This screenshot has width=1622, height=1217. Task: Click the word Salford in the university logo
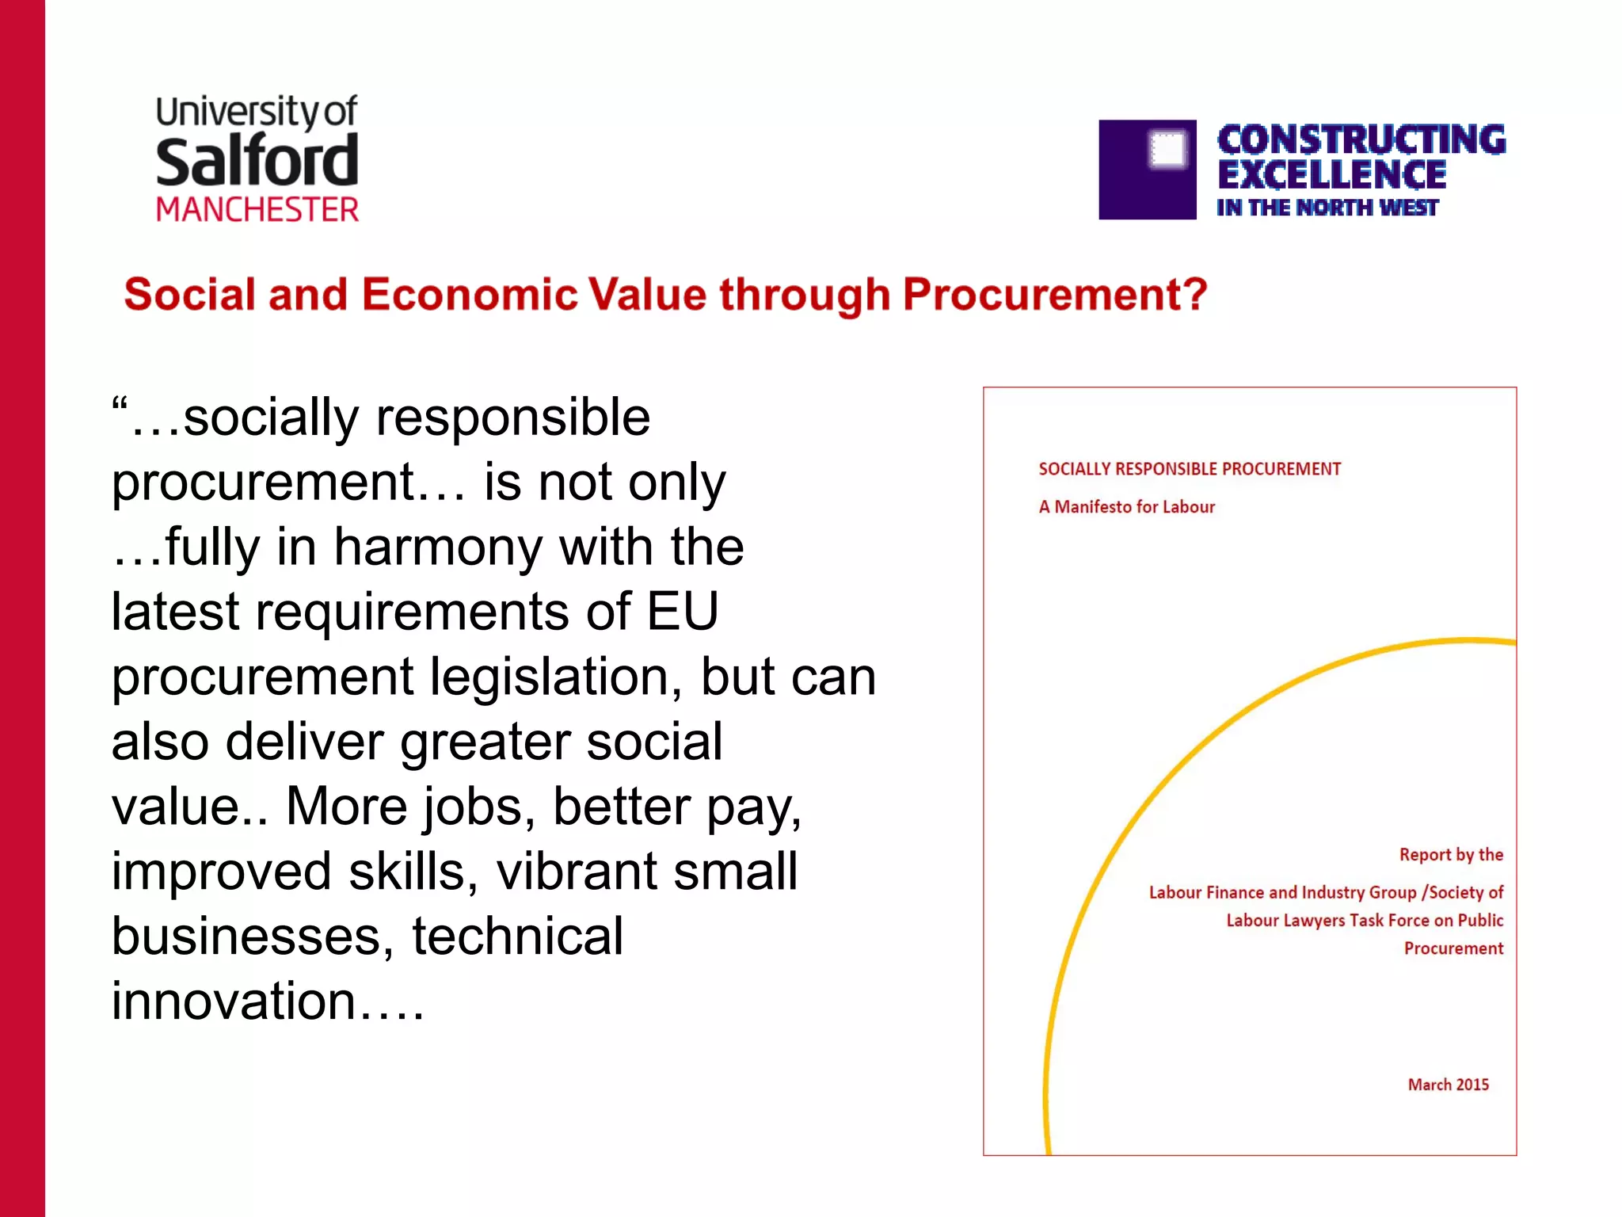click(257, 161)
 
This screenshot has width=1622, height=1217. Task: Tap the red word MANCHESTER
click(257, 210)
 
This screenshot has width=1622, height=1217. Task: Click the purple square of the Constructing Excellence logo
click(1147, 170)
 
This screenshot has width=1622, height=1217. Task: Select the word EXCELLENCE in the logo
click(1332, 174)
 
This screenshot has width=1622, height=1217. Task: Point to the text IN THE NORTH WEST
click(1327, 208)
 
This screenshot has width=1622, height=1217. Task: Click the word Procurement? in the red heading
click(1055, 295)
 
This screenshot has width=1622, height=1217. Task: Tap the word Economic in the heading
click(470, 295)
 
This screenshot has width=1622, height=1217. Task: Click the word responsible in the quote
click(512, 418)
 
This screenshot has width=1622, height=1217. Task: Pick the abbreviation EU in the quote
click(682, 612)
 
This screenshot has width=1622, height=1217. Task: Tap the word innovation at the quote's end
click(234, 1001)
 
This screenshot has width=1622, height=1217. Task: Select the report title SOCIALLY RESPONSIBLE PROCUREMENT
click(1190, 469)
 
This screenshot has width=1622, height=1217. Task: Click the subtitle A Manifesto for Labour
click(1126, 507)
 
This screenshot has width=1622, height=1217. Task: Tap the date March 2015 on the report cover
click(1448, 1085)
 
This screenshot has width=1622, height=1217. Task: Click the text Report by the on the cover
click(1451, 855)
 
